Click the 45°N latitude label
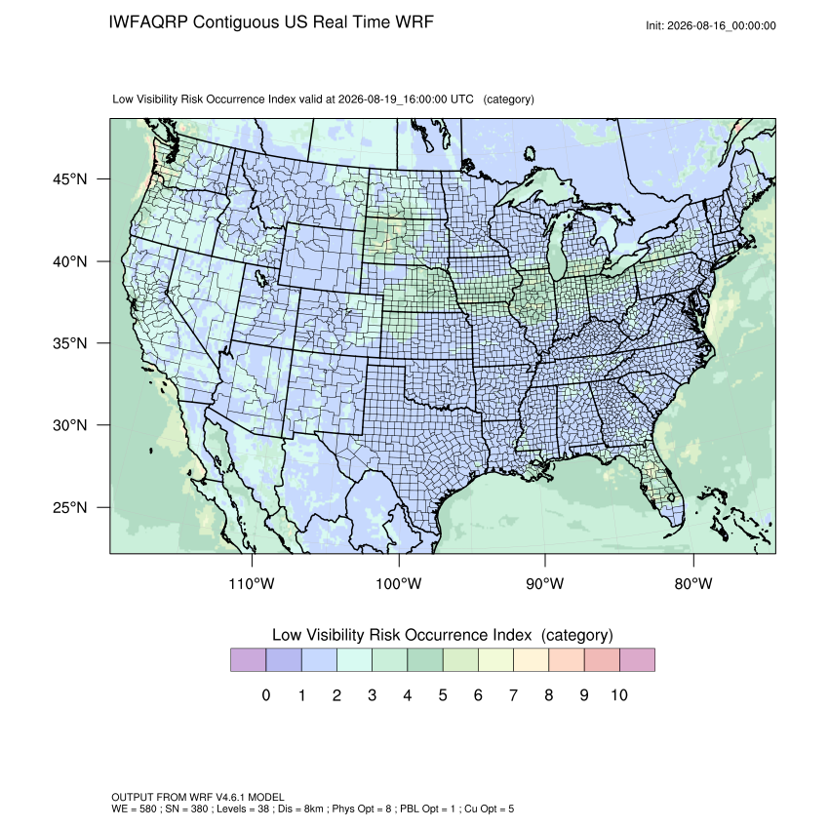click(70, 179)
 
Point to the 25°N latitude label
click(70, 507)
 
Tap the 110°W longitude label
click(252, 583)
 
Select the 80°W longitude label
click(693, 583)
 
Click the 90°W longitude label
click(544, 583)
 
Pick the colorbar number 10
click(619, 695)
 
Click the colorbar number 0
click(266, 695)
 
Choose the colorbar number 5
click(443, 695)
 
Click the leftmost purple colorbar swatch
click(248, 660)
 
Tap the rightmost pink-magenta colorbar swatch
click(637, 660)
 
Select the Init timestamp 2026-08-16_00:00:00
click(722, 25)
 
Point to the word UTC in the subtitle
click(461, 99)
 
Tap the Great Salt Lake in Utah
click(260, 277)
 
